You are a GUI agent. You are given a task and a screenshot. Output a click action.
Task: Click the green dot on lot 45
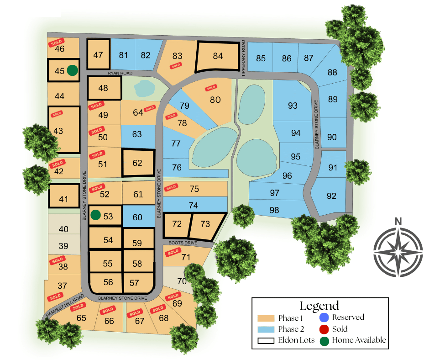point(72,70)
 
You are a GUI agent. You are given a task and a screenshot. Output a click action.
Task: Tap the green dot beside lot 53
point(95,215)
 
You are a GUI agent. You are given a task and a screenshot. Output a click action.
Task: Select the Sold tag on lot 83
point(176,66)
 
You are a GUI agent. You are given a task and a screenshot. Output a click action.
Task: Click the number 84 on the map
point(218,56)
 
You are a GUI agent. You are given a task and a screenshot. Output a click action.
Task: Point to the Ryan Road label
point(120,73)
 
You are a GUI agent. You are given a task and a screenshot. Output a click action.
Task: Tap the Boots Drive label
point(183,243)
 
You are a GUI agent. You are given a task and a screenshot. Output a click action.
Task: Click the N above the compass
point(398,222)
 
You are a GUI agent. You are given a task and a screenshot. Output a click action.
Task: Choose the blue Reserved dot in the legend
point(324,318)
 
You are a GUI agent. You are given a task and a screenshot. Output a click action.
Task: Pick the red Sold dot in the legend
point(324,329)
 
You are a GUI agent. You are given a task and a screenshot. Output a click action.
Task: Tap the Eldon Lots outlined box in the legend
point(266,340)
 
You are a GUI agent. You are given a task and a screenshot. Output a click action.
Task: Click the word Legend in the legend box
point(319,306)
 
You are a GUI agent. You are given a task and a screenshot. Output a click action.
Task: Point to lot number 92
point(331,196)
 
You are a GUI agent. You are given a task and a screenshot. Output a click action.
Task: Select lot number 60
point(137,217)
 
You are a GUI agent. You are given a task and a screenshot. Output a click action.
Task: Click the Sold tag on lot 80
point(210,88)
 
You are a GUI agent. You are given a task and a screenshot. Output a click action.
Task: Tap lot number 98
point(274,210)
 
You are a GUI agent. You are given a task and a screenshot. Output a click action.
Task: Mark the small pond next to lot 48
point(144,88)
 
